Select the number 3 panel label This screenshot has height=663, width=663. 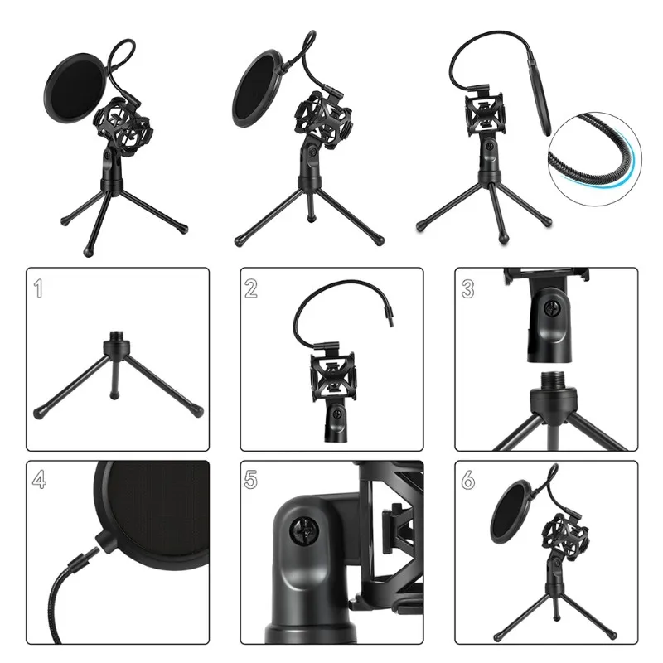point(468,289)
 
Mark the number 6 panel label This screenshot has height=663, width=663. point(468,481)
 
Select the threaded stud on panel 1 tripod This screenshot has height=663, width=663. point(115,342)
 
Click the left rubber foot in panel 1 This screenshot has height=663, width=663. point(39,410)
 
